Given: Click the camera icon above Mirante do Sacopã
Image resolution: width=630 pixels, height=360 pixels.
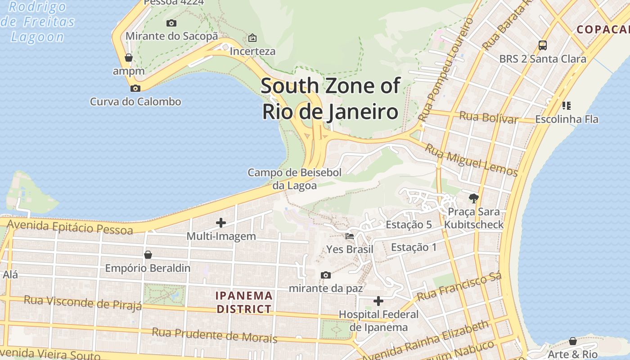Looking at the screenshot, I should pos(171,23).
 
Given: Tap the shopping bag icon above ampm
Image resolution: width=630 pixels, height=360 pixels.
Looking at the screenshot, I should pos(129,58).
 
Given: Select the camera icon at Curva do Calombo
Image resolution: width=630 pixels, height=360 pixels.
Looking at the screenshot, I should pos(135,88).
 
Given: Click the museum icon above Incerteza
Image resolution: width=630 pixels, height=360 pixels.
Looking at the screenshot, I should pos(252,38).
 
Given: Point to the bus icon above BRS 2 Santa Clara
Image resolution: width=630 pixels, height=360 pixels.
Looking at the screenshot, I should pos(543,45).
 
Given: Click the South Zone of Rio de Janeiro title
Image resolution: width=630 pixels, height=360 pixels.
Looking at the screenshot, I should pos(330,99).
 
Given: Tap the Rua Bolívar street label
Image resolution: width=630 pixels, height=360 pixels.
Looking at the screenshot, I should pos(488,117).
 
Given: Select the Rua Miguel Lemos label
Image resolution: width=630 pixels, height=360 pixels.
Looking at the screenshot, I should pos(472,160).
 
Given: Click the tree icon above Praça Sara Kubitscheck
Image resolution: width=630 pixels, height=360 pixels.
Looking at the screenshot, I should pos(473,198).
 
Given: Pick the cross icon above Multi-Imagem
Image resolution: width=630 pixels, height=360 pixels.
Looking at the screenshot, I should pos(221,222).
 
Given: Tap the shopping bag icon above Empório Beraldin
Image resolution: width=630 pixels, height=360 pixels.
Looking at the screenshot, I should pos(148,255).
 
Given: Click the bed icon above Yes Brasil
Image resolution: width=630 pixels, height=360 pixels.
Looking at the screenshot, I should pos(350,236).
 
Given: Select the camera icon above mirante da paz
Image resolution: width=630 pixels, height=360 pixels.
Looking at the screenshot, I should pos(325,275).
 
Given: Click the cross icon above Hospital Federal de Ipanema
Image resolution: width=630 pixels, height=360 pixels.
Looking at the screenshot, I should pos(378,301).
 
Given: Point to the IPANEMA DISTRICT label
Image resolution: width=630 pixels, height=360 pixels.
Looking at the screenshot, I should pos(244,302).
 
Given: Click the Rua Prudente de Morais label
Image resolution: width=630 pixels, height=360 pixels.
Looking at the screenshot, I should pos(214,335).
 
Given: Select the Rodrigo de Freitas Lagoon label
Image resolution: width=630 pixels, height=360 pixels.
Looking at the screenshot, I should pos(38,22).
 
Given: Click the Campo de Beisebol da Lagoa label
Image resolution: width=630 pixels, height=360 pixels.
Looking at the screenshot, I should pos(294,179).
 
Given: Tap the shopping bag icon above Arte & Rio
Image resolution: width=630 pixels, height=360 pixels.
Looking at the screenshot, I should pos(572,341).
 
